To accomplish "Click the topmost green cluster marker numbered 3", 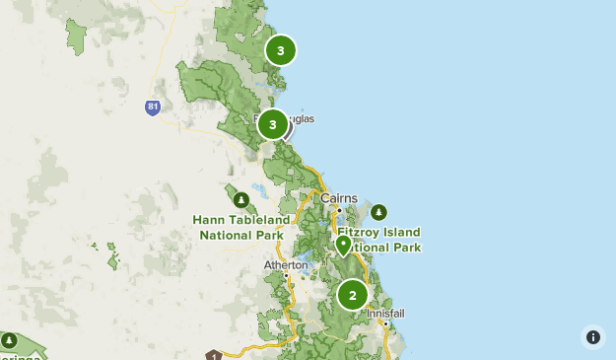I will point(281,50).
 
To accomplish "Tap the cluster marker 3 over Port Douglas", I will point(273,124).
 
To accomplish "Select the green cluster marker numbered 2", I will point(353,295).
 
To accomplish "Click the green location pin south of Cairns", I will point(344,245).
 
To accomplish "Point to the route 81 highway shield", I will point(152,108).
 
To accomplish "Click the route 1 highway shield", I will point(213,355).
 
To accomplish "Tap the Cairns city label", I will point(338,197).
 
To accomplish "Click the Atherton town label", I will point(287,264).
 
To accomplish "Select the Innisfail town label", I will point(385,313).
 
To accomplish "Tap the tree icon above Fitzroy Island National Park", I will point(379,212).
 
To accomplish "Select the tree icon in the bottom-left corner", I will point(9,341).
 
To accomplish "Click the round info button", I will point(593,337).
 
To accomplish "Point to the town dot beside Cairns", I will point(338,210).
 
